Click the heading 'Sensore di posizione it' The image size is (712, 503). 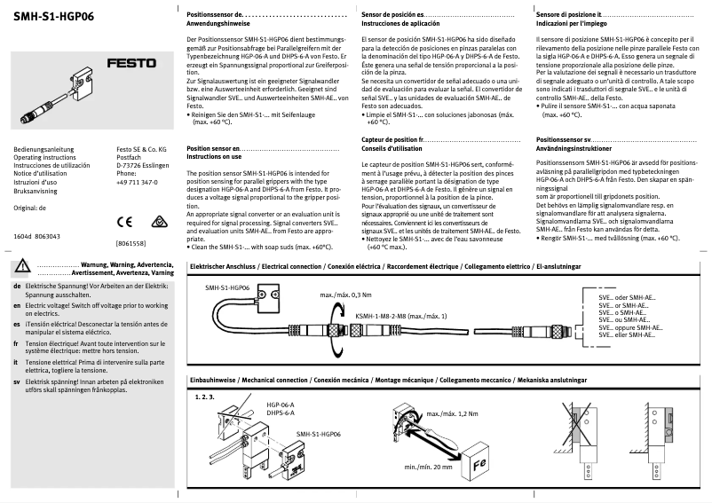573,16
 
